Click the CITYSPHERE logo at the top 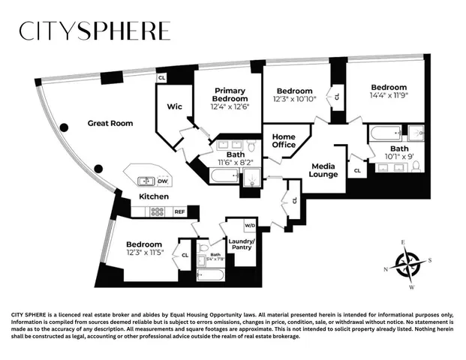pos(95,31)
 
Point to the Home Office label pos(284,140)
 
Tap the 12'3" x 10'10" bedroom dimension pos(294,98)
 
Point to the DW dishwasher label pos(162,181)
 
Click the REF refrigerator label pos(179,212)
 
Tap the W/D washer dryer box pos(250,225)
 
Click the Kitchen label pos(154,196)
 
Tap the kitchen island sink pos(145,181)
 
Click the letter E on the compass pos(402,242)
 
